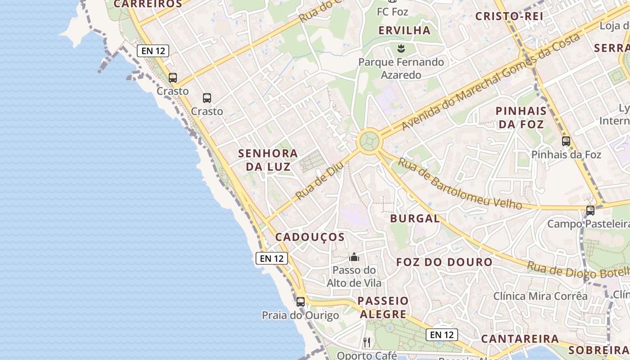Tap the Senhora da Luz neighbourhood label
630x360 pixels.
click(268, 160)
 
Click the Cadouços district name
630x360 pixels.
click(310, 237)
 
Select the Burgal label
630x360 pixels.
click(414, 219)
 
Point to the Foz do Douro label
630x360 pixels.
click(444, 262)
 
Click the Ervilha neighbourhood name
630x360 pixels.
click(405, 31)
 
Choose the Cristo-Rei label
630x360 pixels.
click(509, 16)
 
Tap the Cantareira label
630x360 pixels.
click(520, 339)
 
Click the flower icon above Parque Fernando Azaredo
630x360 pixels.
click(400, 48)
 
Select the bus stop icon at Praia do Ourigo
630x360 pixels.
click(300, 302)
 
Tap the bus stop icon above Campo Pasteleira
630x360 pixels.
click(590, 210)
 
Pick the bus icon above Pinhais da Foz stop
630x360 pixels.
click(566, 141)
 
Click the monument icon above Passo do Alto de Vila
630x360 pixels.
click(354, 257)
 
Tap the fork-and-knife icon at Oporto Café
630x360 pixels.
click(367, 342)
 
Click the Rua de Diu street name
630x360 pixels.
click(319, 181)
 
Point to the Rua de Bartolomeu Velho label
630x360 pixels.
click(460, 184)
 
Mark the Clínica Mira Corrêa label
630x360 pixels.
click(540, 296)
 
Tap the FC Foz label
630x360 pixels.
click(392, 12)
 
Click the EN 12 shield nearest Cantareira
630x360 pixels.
click(442, 335)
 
